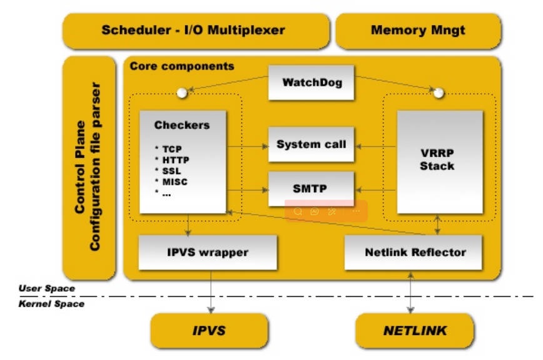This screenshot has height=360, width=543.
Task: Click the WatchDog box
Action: click(x=307, y=82)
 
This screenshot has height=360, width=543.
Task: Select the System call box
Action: click(x=307, y=144)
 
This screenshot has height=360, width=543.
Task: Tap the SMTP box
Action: click(x=307, y=187)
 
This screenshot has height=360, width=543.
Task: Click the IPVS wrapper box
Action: click(x=208, y=252)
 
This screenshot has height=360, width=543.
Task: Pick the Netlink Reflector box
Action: click(x=415, y=252)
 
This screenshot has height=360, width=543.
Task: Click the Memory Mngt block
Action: click(x=419, y=30)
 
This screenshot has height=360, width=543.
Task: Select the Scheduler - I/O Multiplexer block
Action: click(x=194, y=30)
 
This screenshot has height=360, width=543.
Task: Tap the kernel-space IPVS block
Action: click(x=210, y=331)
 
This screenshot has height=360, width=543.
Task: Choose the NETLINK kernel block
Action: click(x=415, y=331)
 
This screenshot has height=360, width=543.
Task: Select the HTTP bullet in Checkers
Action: click(x=171, y=160)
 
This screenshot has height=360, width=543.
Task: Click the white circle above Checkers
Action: click(x=182, y=93)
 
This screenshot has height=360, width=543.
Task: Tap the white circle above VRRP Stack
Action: click(x=439, y=93)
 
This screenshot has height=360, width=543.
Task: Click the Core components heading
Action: click(x=181, y=66)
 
